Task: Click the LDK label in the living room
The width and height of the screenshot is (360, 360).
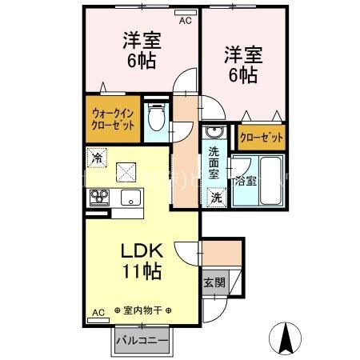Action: pyautogui.click(x=142, y=249)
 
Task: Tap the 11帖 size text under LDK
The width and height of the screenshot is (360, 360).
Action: pyautogui.click(x=142, y=270)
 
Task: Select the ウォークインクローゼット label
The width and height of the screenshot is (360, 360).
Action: pyautogui.click(x=114, y=119)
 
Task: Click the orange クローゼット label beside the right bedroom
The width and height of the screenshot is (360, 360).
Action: pyautogui.click(x=262, y=138)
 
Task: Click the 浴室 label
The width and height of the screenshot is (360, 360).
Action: pyautogui.click(x=245, y=180)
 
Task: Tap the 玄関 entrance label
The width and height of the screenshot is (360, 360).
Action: pyautogui.click(x=214, y=282)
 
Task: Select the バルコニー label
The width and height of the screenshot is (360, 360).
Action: pyautogui.click(x=142, y=339)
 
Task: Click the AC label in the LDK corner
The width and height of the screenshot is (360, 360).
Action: pyautogui.click(x=98, y=312)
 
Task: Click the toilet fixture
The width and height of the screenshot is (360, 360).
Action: pyautogui.click(x=158, y=119)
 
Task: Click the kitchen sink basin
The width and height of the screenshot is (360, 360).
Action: pyautogui.click(x=128, y=197)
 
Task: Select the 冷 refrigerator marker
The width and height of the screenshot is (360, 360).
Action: pyautogui.click(x=98, y=158)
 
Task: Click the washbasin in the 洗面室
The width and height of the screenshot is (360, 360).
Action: pyautogui.click(x=214, y=133)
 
